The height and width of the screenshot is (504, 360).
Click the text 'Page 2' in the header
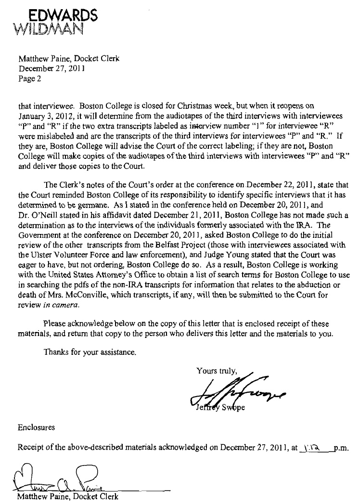30,79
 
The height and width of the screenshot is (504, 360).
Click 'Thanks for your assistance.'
90,351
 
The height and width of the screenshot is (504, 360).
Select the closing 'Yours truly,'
217,371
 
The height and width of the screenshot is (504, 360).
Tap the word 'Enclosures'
36,426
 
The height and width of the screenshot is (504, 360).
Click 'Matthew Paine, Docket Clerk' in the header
68,59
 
